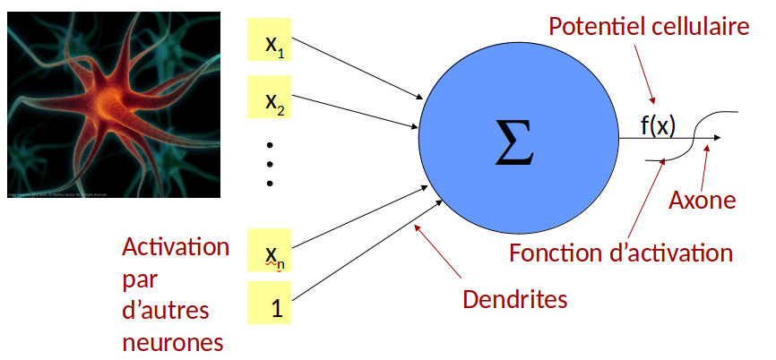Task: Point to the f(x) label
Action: click(x=658, y=125)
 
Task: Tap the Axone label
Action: click(x=702, y=201)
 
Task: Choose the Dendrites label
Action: click(x=514, y=299)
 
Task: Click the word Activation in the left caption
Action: click(x=176, y=247)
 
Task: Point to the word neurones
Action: click(x=172, y=342)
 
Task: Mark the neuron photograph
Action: click(x=113, y=104)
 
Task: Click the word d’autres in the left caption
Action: click(x=165, y=311)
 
